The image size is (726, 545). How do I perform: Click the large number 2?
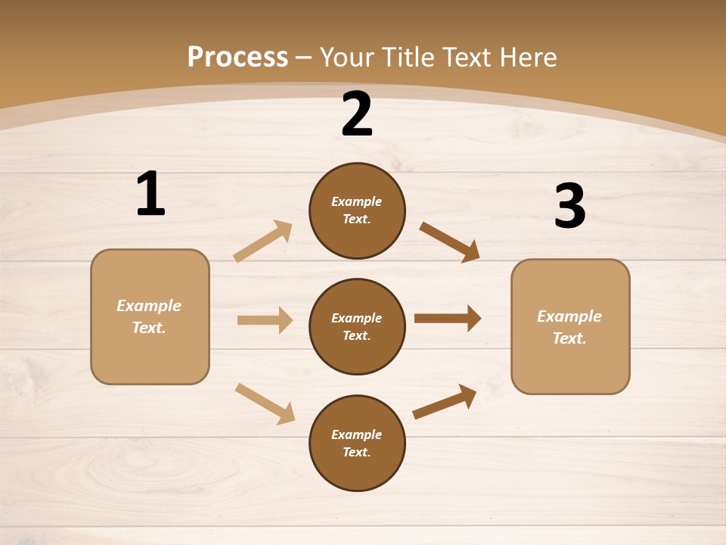tap(357, 115)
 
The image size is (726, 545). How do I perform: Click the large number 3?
tap(569, 207)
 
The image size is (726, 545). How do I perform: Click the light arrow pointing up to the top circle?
tap(263, 241)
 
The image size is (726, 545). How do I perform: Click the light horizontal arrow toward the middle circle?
tap(265, 320)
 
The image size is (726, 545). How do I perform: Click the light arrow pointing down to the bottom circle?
tap(265, 403)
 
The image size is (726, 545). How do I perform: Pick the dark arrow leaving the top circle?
tap(450, 241)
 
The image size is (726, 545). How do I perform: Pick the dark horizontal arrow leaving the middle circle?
tap(448, 319)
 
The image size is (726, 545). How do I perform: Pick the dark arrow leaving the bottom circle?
tap(445, 402)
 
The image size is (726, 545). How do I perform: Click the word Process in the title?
tap(237, 57)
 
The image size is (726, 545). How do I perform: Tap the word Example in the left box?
tap(149, 306)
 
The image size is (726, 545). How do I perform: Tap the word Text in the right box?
tap(569, 338)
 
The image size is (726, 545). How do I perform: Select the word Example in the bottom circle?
tap(356, 434)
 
